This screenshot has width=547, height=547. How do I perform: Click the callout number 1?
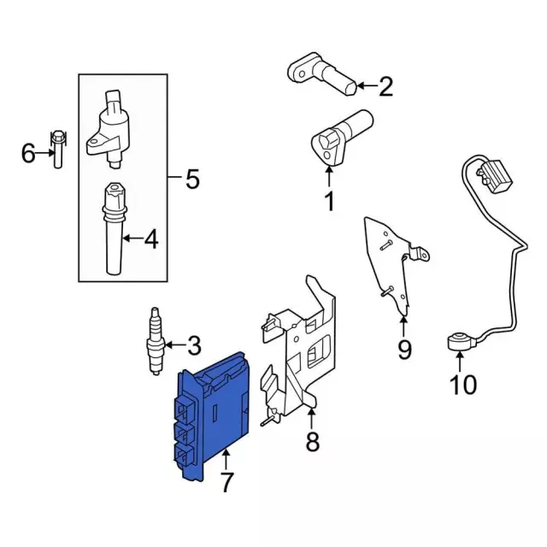click(x=329, y=203)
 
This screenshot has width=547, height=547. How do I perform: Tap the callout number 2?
click(x=385, y=85)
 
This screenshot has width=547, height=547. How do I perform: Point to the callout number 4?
click(x=150, y=242)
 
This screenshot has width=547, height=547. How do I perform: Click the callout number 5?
click(x=192, y=179)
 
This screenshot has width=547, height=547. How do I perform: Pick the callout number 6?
click(x=28, y=154)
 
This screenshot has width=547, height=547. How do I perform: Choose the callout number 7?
click(x=226, y=482)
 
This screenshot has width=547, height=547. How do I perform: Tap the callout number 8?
click(x=312, y=441)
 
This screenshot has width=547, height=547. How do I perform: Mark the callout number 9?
click(x=404, y=349)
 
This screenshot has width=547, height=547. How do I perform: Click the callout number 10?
click(x=462, y=385)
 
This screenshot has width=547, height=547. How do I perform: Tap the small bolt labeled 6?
click(x=57, y=149)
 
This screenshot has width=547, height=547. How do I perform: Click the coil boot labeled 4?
click(x=114, y=231)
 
